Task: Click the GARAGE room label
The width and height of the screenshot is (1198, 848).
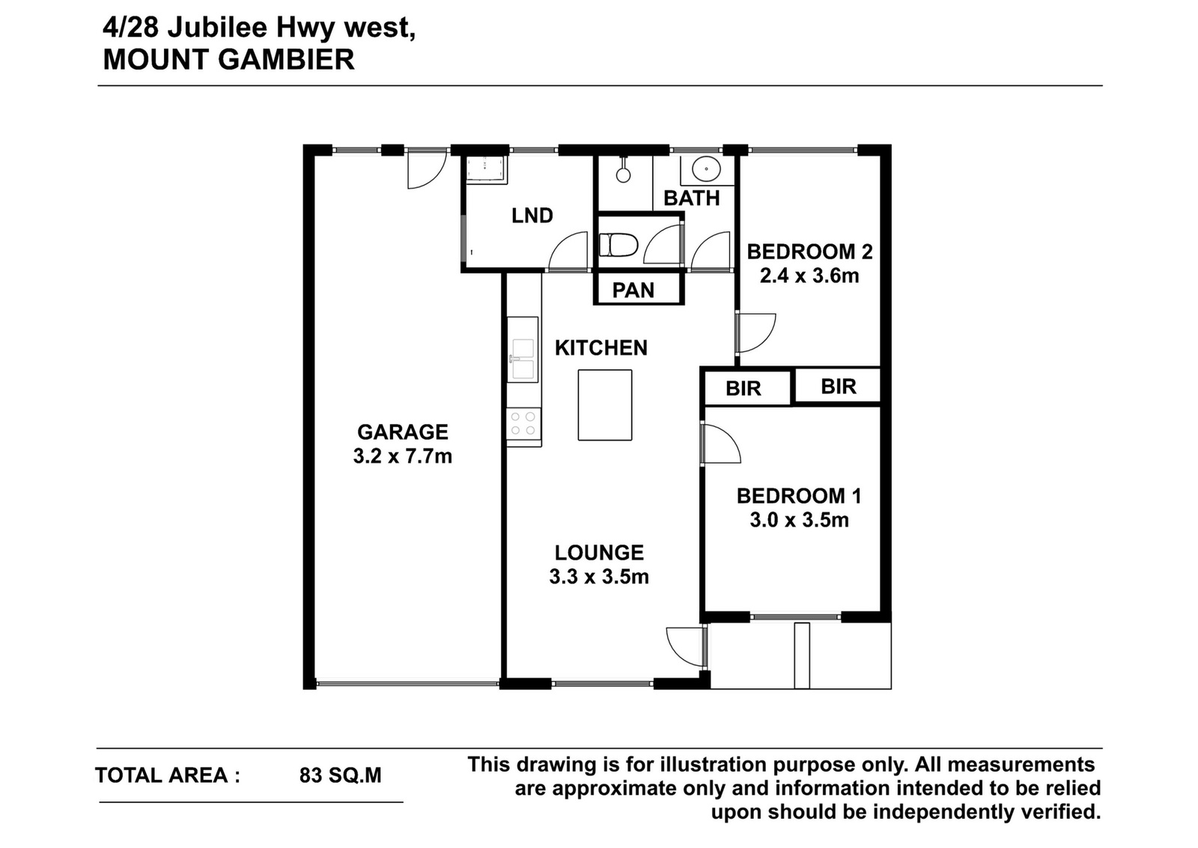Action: pos(402,431)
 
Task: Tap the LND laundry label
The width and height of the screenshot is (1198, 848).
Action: pos(532,216)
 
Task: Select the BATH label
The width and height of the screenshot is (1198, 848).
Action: pos(692,199)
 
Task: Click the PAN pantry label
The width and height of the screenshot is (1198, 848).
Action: pos(633,291)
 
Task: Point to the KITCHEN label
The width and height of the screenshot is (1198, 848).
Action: pos(601,348)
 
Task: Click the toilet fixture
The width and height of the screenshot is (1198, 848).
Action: pos(618,245)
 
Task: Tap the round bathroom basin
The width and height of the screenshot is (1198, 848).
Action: pos(707,169)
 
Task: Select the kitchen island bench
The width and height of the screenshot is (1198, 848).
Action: pos(605,405)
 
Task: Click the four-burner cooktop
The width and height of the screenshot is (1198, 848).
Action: pos(523,423)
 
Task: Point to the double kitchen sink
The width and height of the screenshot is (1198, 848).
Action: pos(523,360)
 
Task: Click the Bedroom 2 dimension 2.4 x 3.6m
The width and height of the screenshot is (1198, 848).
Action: pos(809,276)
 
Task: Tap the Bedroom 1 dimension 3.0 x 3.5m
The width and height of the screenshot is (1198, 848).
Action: pos(799,520)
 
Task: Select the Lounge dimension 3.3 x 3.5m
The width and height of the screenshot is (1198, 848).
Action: pos(599,577)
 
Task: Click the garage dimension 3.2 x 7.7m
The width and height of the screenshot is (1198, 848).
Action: pos(402,456)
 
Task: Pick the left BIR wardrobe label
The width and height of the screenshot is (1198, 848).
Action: pos(744,389)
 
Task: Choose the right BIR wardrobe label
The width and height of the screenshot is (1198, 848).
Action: pos(839,387)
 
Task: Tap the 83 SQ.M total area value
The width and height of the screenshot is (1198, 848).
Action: pos(341,775)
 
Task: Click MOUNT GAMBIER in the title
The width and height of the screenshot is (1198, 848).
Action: pos(229,59)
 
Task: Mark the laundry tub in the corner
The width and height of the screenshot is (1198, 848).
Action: pos(486,169)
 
